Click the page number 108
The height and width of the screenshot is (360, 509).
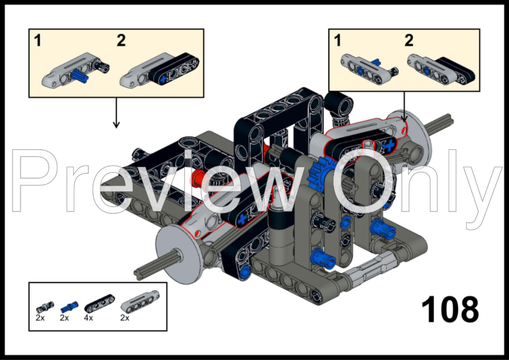click(450, 310)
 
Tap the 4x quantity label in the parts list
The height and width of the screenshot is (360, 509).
click(89, 317)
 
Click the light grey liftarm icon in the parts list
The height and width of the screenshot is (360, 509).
click(134, 303)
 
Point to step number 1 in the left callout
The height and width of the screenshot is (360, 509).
click(37, 41)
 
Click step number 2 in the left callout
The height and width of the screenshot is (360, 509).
click(121, 41)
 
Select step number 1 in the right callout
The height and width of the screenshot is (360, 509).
click(337, 41)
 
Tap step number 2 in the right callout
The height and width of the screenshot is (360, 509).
click(409, 41)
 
